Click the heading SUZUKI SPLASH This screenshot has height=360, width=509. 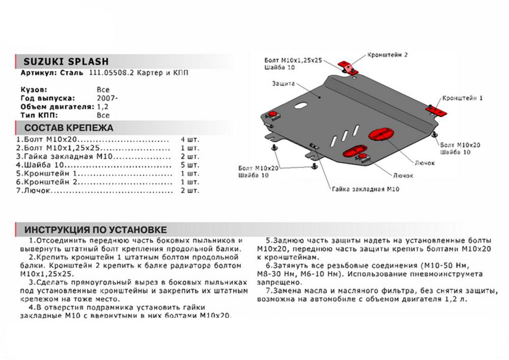click(x=63, y=61)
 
